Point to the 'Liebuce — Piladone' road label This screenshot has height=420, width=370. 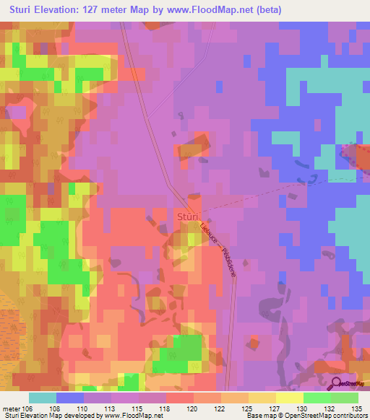point(215,245)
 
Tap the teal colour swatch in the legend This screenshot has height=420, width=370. point(43,398)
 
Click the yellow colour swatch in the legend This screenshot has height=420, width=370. point(290,398)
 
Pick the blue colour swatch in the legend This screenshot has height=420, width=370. point(70,398)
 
